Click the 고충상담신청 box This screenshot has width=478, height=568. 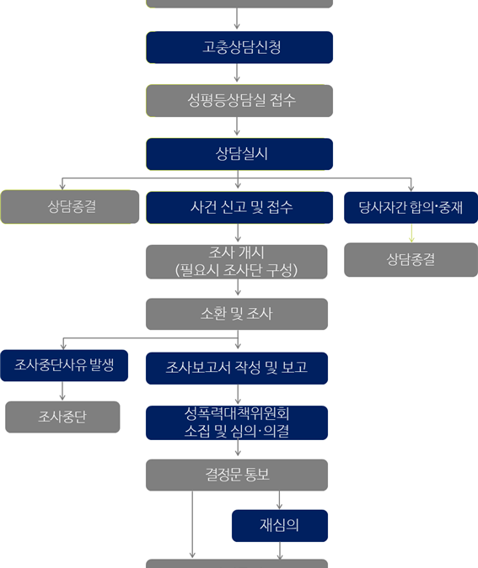click(x=239, y=47)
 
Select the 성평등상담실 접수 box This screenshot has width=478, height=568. click(x=239, y=101)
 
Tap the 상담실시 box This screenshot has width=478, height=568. click(x=239, y=154)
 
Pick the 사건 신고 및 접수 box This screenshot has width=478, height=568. click(x=239, y=208)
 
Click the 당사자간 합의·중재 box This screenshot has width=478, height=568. click(x=411, y=208)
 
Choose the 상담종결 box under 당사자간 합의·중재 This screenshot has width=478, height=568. click(x=411, y=260)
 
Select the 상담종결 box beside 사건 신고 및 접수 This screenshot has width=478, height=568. click(x=70, y=207)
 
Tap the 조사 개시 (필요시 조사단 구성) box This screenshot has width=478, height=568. click(x=237, y=262)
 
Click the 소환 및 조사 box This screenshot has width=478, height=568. click(x=237, y=314)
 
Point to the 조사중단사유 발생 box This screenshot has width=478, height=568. click(x=64, y=365)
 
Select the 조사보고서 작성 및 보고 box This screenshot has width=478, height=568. click(x=237, y=368)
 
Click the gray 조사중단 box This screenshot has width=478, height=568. click(x=62, y=417)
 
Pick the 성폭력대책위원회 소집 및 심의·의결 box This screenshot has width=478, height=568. click(x=237, y=422)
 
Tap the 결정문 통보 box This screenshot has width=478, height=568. click(x=237, y=475)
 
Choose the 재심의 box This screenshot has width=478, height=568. click(x=280, y=526)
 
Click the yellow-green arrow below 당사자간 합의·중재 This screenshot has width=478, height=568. click(x=411, y=233)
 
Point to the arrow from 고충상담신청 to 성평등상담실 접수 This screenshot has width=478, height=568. click(x=237, y=73)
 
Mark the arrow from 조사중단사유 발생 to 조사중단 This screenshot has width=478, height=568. click(x=62, y=390)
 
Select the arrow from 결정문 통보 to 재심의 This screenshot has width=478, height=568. click(x=280, y=500)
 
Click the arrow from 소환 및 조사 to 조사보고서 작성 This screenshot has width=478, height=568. click(x=238, y=339)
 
